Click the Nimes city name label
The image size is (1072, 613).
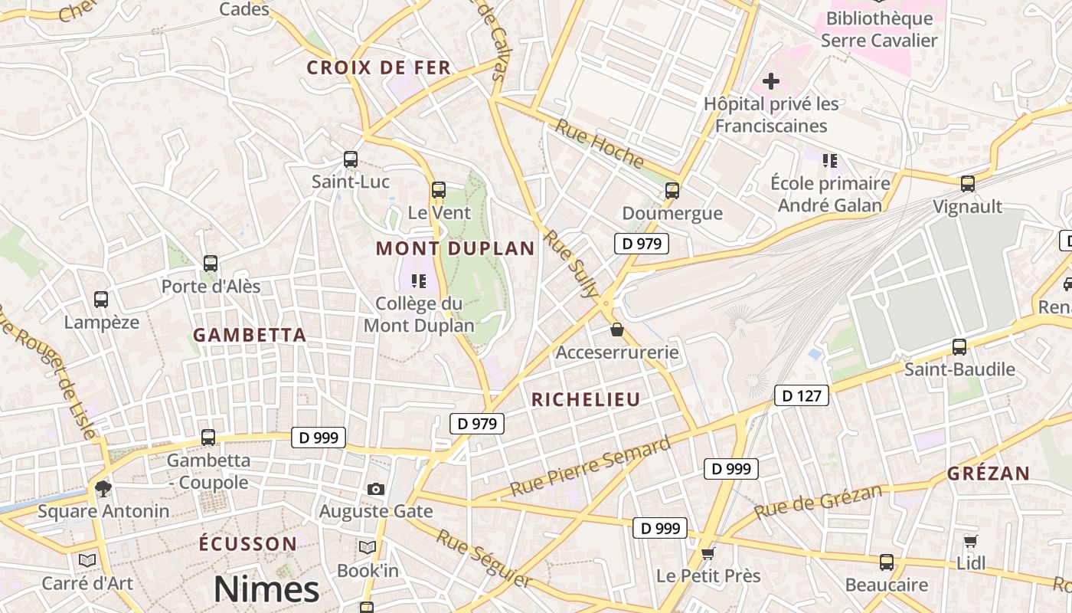(266, 589)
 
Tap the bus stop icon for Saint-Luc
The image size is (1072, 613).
(351, 159)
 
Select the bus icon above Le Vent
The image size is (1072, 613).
(439, 190)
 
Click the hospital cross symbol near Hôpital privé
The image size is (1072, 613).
(771, 80)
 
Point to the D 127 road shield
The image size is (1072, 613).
(802, 395)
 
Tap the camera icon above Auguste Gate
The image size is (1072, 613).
(375, 489)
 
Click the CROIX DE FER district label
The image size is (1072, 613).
(379, 67)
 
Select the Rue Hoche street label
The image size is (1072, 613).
(600, 143)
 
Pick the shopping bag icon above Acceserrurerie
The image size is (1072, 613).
(617, 330)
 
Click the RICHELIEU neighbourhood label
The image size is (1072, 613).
(586, 399)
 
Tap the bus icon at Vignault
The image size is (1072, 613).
(968, 184)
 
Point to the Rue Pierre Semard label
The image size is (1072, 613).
(590, 466)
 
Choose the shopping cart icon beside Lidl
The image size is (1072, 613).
(971, 541)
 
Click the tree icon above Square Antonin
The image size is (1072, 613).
(103, 489)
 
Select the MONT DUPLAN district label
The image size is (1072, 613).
(455, 248)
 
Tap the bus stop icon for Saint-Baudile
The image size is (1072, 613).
(959, 346)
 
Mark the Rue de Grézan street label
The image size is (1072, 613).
(818, 501)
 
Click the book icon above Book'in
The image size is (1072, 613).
(368, 547)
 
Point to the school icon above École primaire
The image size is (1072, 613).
(830, 161)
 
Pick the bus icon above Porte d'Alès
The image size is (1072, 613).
(211, 264)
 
